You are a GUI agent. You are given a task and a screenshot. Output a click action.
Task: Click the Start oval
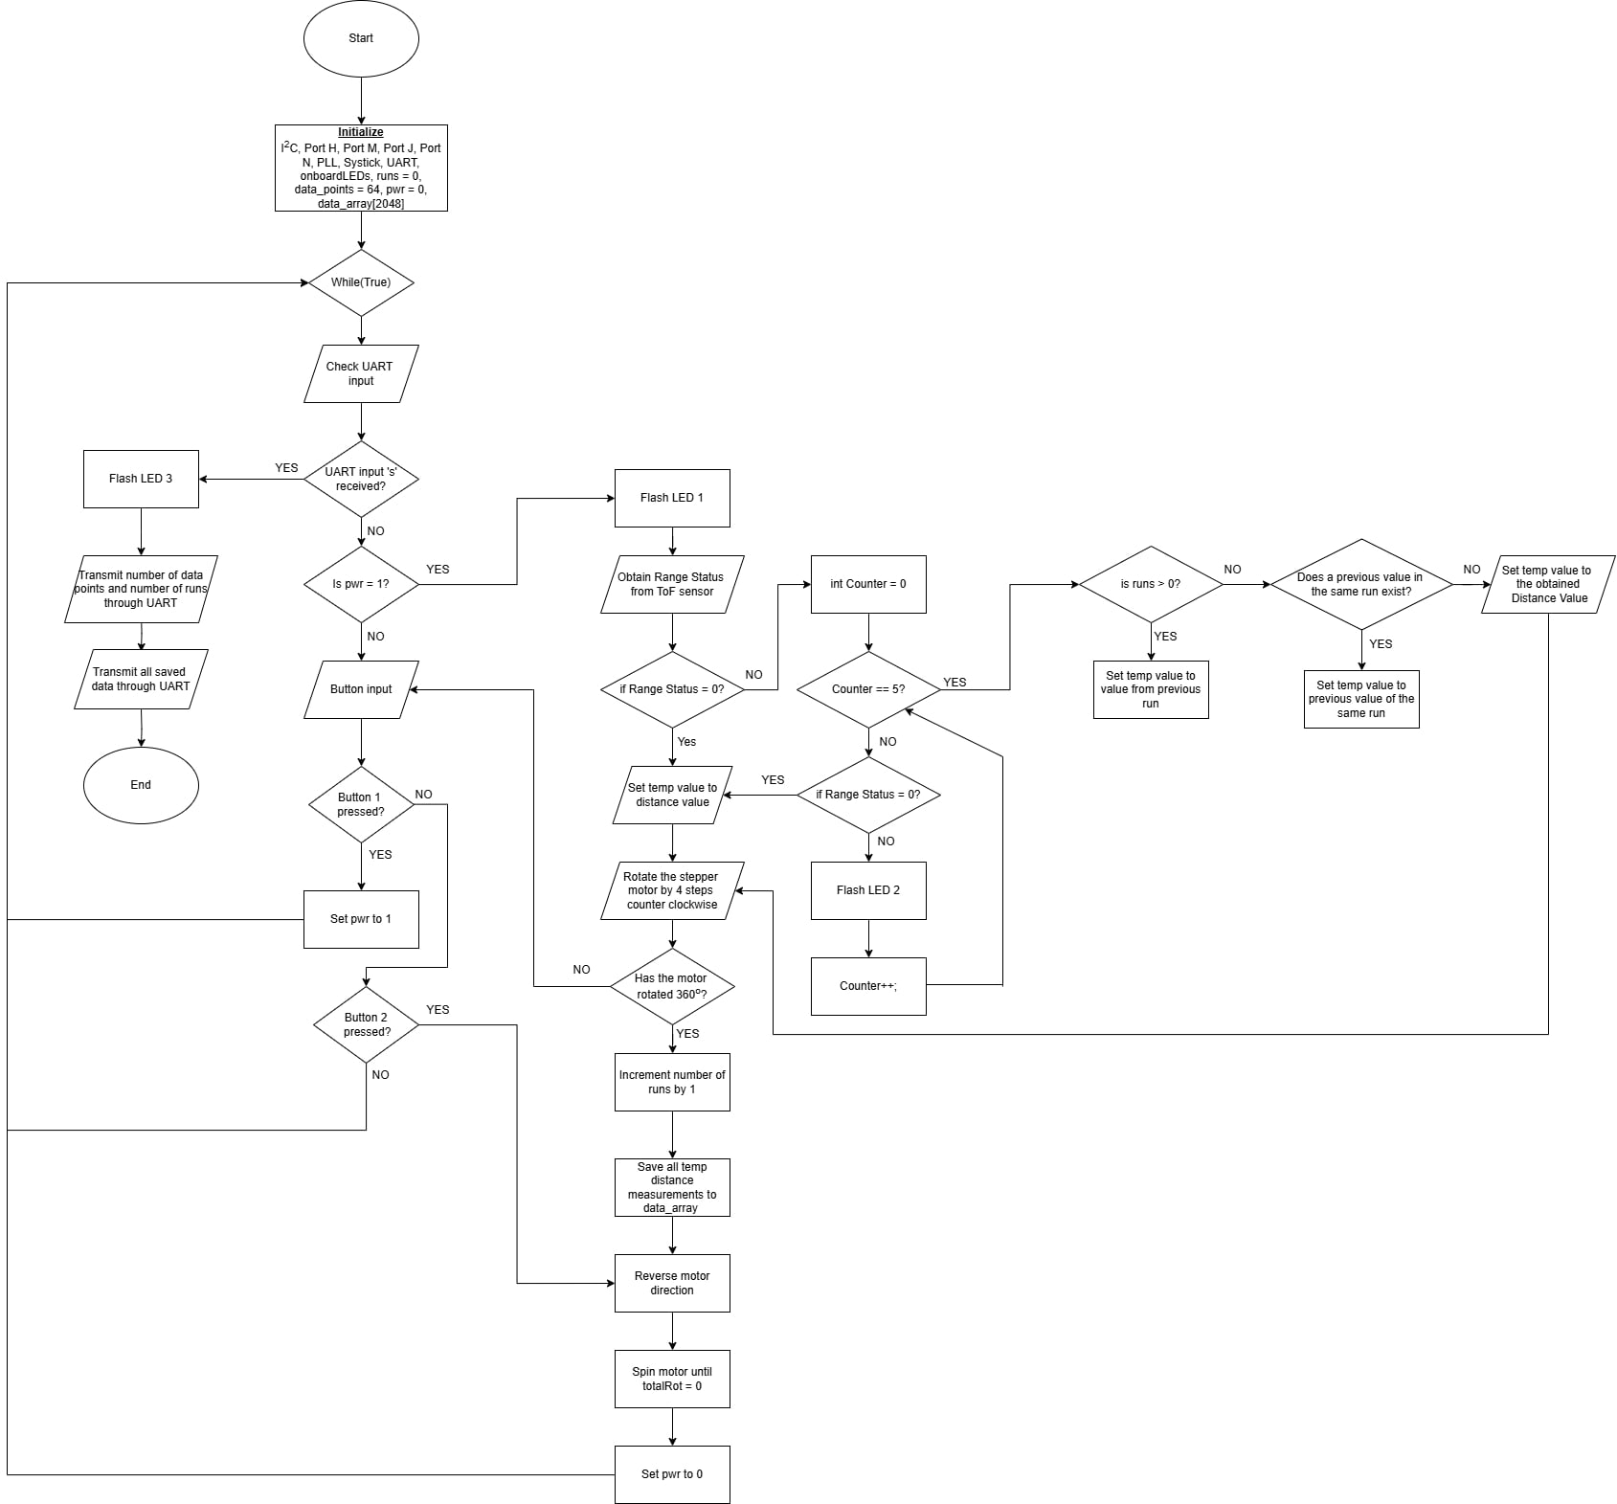[361, 38]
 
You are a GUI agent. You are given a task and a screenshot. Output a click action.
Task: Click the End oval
[141, 785]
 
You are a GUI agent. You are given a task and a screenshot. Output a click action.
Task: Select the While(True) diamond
[361, 282]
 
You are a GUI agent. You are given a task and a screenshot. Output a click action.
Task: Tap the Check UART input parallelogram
[361, 373]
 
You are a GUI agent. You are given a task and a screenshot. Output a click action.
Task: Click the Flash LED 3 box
[141, 479]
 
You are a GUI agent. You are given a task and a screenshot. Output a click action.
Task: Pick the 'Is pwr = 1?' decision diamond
[361, 584]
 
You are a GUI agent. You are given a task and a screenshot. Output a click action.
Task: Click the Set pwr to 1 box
[361, 919]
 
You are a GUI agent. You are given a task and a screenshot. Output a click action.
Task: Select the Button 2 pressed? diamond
[366, 1024]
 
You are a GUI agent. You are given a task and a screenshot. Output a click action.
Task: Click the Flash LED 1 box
[672, 498]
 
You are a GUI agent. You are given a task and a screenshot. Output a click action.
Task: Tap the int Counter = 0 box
[868, 584]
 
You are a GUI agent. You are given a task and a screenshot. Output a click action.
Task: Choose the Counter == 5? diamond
[868, 689]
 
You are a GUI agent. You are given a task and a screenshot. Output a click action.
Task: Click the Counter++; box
[868, 986]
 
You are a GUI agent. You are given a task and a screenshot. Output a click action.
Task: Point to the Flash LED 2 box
[868, 890]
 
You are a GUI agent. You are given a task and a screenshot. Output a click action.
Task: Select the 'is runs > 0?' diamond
[1151, 584]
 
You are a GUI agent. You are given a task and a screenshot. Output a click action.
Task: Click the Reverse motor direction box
[672, 1283]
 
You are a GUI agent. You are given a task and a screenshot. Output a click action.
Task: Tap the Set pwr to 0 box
[672, 1474]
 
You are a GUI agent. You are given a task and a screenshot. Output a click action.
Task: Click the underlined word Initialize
[361, 132]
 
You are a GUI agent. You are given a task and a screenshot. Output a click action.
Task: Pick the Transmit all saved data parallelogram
[141, 680]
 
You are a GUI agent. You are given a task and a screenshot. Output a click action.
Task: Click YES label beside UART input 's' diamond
[286, 468]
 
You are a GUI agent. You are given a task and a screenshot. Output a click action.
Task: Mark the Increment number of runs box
[672, 1082]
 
